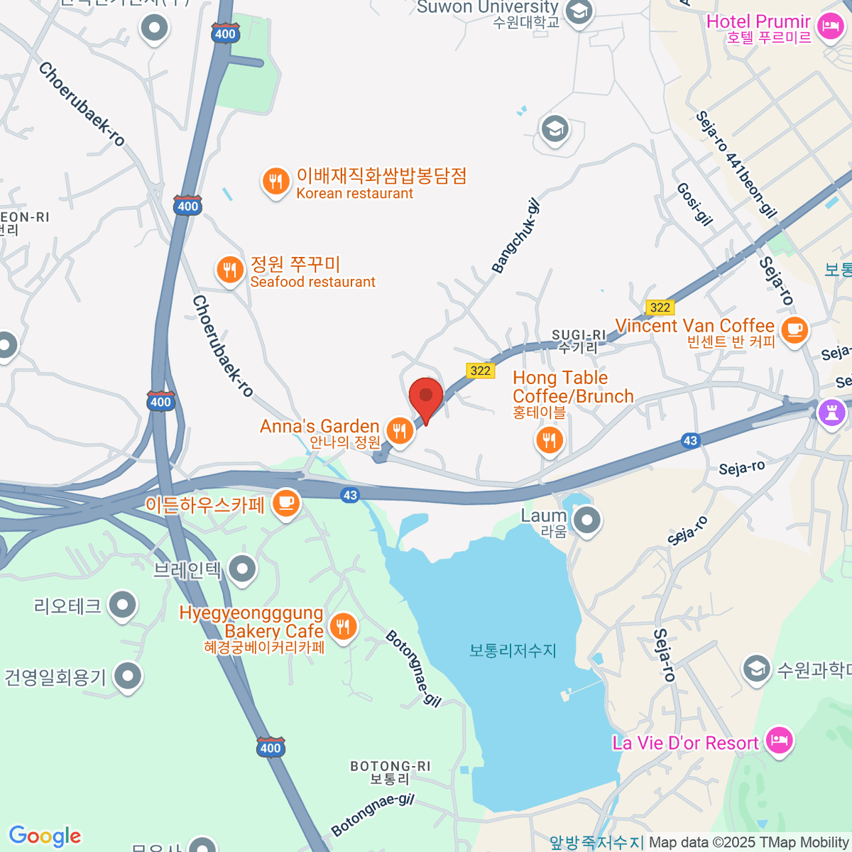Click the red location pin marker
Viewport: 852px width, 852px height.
(426, 396)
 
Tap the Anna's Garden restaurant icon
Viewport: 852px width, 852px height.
(400, 430)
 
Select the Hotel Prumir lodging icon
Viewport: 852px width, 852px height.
(829, 27)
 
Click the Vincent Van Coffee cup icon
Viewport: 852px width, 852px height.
(794, 329)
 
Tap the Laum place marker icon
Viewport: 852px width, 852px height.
(586, 520)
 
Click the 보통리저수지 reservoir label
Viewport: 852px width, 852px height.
(513, 650)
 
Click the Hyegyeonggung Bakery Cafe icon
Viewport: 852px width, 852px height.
(344, 626)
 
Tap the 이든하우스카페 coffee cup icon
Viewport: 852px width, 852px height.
(286, 503)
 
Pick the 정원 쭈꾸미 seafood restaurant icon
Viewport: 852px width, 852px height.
(229, 270)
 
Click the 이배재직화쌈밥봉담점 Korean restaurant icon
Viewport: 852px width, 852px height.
(275, 181)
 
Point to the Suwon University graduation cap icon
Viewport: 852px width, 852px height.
(580, 11)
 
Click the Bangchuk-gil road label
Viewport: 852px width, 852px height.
(516, 236)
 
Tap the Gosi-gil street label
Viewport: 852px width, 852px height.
(694, 204)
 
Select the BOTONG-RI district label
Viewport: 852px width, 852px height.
(390, 772)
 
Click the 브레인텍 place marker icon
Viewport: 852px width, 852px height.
(243, 568)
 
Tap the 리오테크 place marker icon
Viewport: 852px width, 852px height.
(123, 605)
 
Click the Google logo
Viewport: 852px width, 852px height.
(45, 836)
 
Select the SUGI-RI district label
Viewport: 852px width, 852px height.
(579, 341)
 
